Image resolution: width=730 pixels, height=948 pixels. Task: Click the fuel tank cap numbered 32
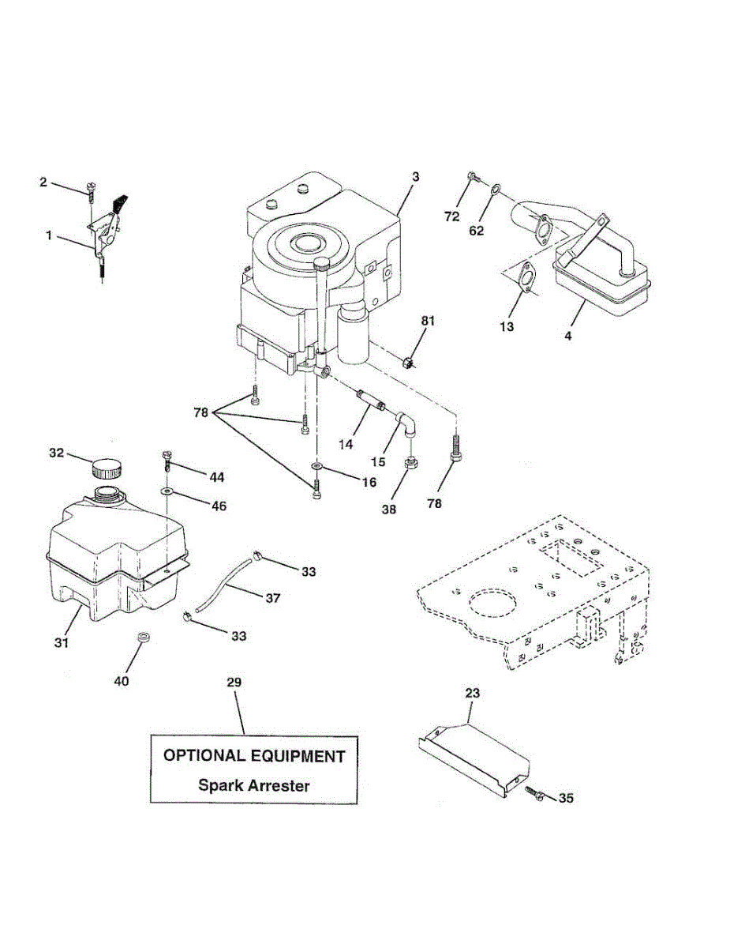click(107, 468)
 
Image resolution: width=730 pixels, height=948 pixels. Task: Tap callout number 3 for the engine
click(415, 177)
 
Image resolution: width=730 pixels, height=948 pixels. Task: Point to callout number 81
click(427, 322)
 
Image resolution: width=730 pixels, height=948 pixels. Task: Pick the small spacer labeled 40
click(144, 637)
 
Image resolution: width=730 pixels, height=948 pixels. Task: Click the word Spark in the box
click(220, 785)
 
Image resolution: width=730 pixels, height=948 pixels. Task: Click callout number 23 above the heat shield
click(472, 693)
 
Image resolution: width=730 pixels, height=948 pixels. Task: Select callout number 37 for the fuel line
click(273, 598)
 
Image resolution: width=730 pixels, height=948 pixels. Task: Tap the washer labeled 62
click(494, 190)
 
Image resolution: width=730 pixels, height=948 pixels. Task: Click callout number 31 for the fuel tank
click(62, 643)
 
